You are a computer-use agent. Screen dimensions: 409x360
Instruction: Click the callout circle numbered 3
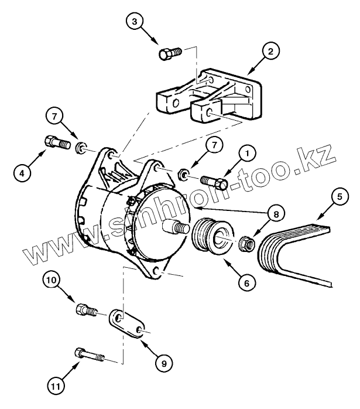[135, 22]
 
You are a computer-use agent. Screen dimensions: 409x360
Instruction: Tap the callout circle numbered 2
[270, 52]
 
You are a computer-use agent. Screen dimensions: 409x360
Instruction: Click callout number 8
[272, 214]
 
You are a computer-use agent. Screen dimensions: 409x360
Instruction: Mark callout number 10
[53, 281]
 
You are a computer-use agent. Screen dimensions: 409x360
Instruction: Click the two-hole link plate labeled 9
[128, 324]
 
